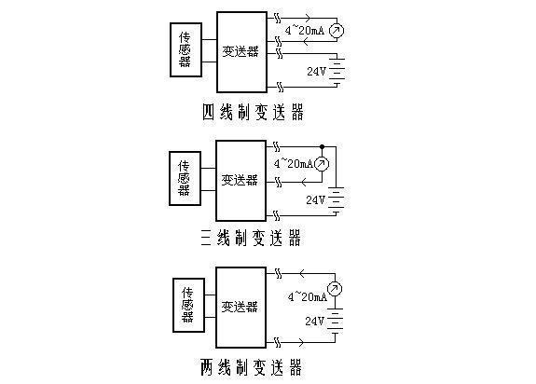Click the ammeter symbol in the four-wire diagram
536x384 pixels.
click(337, 31)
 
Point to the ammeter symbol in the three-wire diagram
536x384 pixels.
click(322, 164)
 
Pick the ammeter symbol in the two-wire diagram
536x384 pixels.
click(335, 289)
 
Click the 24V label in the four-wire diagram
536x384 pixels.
click(316, 71)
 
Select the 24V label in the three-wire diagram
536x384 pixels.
click(315, 199)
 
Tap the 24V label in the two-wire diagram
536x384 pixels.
click(314, 321)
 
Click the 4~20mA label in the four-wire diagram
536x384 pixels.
click(305, 31)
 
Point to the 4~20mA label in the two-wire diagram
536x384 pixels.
click(308, 296)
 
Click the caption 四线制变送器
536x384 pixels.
click(253, 112)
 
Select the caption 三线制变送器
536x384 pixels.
click(251, 238)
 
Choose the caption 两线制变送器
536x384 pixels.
click(252, 367)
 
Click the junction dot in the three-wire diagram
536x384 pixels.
click(322, 147)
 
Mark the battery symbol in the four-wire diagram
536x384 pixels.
click(337, 70)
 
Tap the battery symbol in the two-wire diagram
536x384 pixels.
click(335, 322)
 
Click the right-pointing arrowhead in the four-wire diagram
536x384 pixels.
click(308, 18)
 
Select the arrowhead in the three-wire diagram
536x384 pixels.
click(304, 182)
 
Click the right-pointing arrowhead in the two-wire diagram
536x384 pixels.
click(301, 342)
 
